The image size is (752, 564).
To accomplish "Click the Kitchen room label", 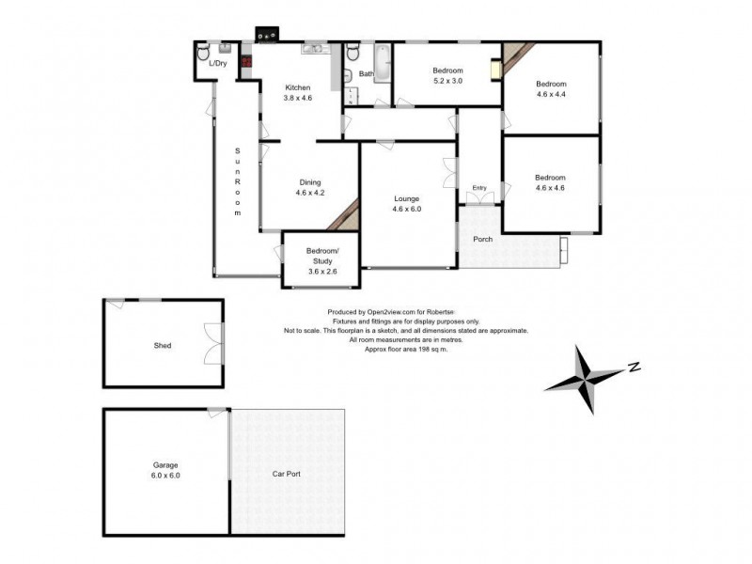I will click(298, 87).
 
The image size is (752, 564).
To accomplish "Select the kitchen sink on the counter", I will click(312, 50).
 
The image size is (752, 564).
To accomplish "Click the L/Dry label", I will click(217, 64).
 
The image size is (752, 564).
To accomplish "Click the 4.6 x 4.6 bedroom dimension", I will click(550, 188).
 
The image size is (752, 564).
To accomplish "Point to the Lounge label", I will click(406, 198).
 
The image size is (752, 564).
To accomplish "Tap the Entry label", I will click(480, 188).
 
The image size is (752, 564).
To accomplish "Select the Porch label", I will click(483, 239).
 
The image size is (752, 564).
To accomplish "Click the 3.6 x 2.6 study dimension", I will click(321, 271).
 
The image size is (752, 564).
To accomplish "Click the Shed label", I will click(163, 345).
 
